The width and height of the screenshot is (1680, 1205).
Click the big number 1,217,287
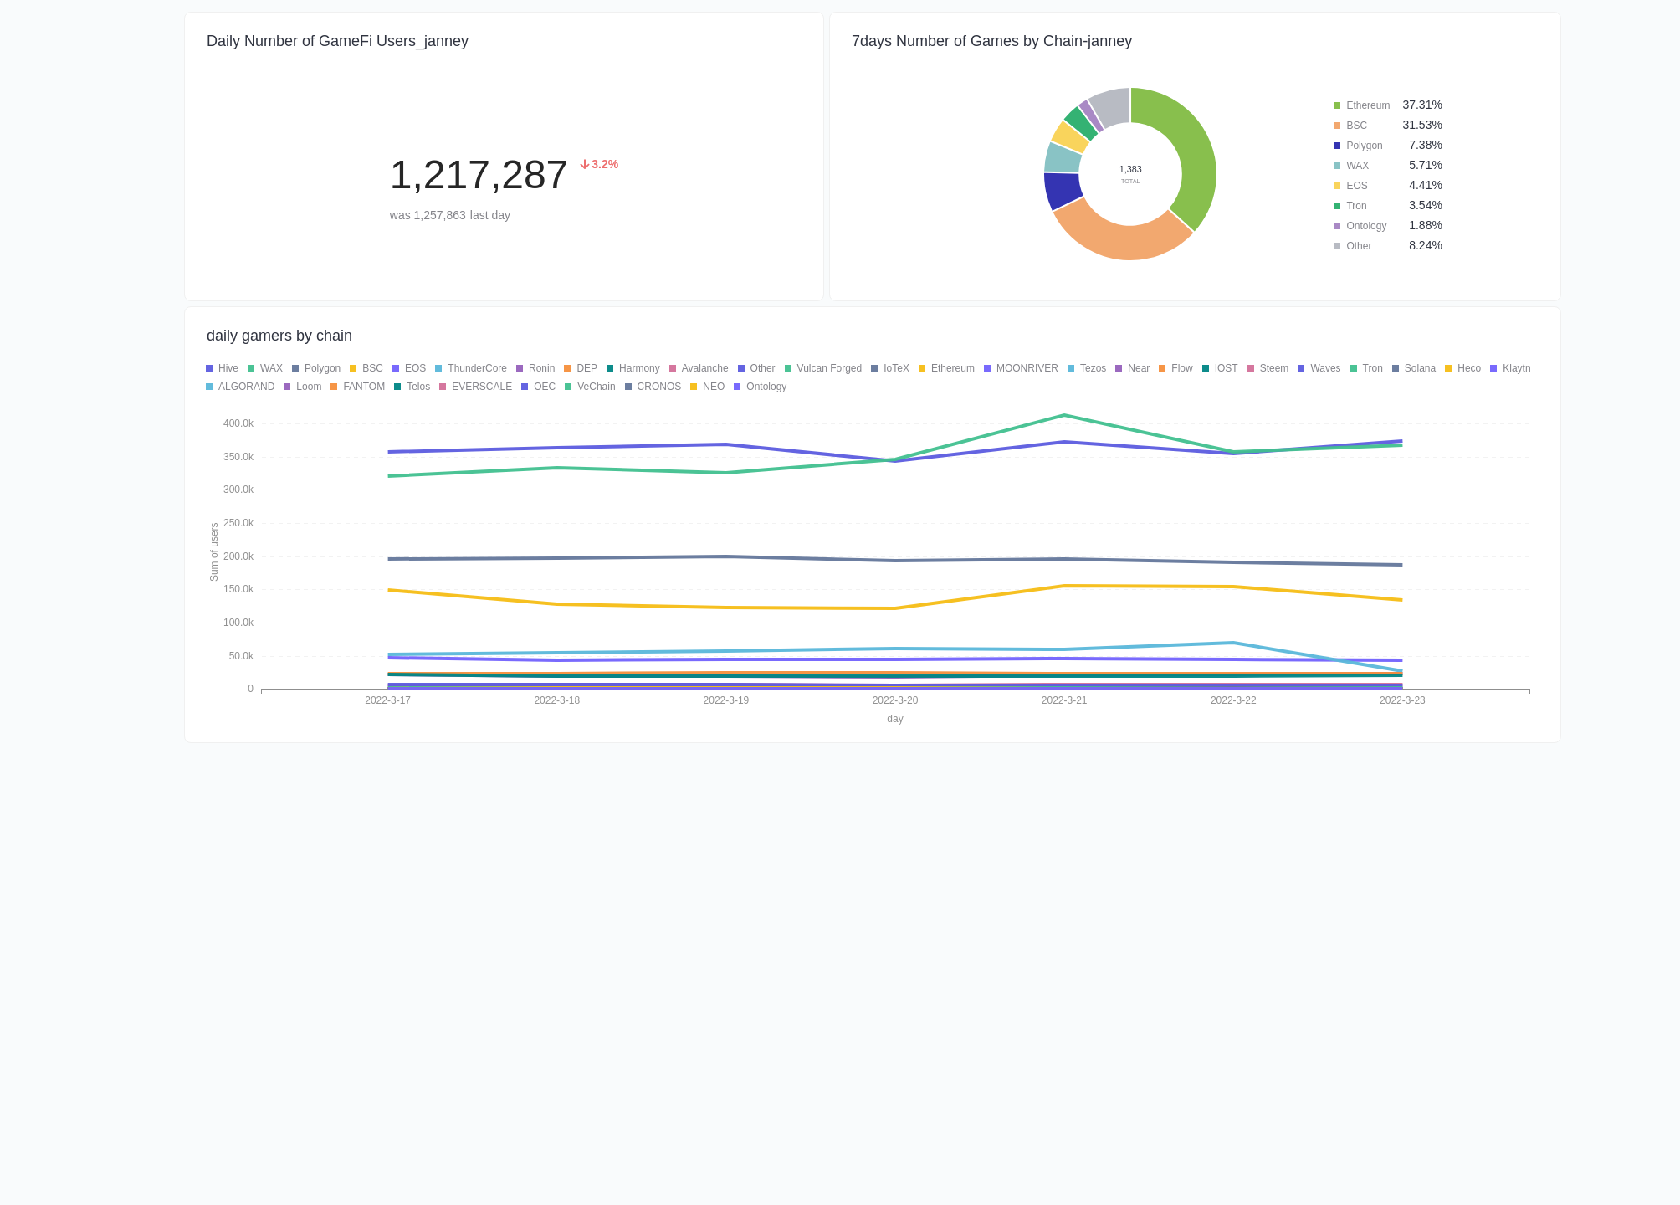pos(479,175)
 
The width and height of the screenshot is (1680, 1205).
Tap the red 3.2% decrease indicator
pos(599,165)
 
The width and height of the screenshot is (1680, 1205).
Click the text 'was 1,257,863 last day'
pos(449,215)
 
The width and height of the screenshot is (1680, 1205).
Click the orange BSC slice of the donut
pos(1121,238)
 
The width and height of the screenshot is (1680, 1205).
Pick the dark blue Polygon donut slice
pos(1061,191)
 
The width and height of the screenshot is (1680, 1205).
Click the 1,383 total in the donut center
pos(1129,170)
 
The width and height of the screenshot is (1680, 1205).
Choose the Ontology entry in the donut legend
pos(1365,226)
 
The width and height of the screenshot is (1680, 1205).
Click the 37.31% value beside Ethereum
pos(1421,105)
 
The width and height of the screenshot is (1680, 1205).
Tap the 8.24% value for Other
pos(1425,246)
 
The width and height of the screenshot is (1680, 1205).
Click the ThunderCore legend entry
pos(476,368)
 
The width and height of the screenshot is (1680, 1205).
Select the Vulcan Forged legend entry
pos(828,368)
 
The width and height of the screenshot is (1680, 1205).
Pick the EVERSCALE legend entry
pos(481,387)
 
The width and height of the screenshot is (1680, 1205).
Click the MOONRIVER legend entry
pos(1027,368)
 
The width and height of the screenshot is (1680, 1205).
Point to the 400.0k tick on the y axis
pos(238,423)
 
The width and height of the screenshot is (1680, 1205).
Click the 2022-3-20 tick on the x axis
pos(894,700)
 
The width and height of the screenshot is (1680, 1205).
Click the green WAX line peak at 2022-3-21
pos(1063,416)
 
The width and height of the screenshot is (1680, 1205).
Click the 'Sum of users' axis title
pos(214,552)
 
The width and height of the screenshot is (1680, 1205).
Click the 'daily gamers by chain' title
pos(279,336)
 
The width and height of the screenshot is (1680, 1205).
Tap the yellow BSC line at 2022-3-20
pos(894,608)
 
